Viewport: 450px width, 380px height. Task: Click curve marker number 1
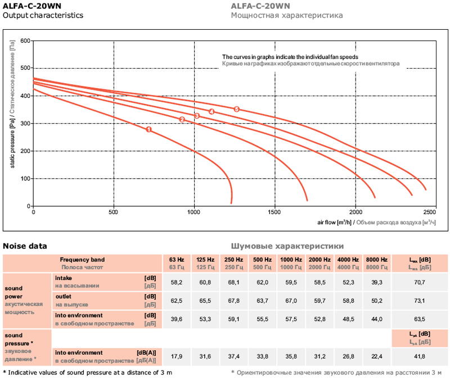point(148,129)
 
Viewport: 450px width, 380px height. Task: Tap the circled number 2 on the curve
point(182,119)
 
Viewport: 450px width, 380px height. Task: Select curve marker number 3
point(197,116)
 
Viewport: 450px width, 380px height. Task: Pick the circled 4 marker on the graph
point(211,112)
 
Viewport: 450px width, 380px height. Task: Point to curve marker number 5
point(237,109)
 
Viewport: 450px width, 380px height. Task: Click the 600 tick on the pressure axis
point(25,41)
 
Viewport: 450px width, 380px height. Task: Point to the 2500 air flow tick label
point(429,212)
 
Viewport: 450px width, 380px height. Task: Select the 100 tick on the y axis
point(25,179)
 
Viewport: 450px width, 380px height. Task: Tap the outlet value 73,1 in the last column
point(420,300)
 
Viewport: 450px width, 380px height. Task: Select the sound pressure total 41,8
point(420,356)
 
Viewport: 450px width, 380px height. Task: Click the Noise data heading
point(25,246)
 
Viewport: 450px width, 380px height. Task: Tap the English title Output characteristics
point(43,16)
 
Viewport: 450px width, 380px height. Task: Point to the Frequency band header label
point(82,260)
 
